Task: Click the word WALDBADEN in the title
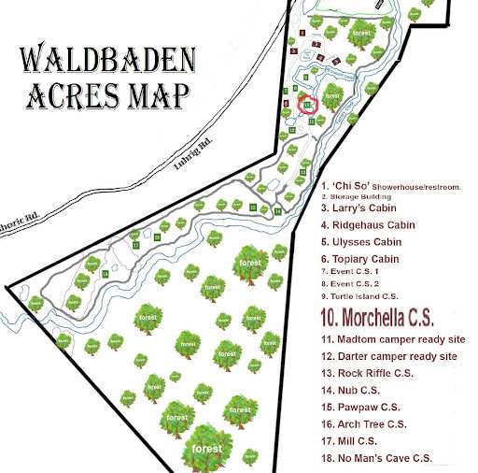pos(108,63)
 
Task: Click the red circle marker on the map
pos(309,105)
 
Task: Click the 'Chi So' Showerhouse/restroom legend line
pos(391,186)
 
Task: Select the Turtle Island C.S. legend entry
pos(359,294)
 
